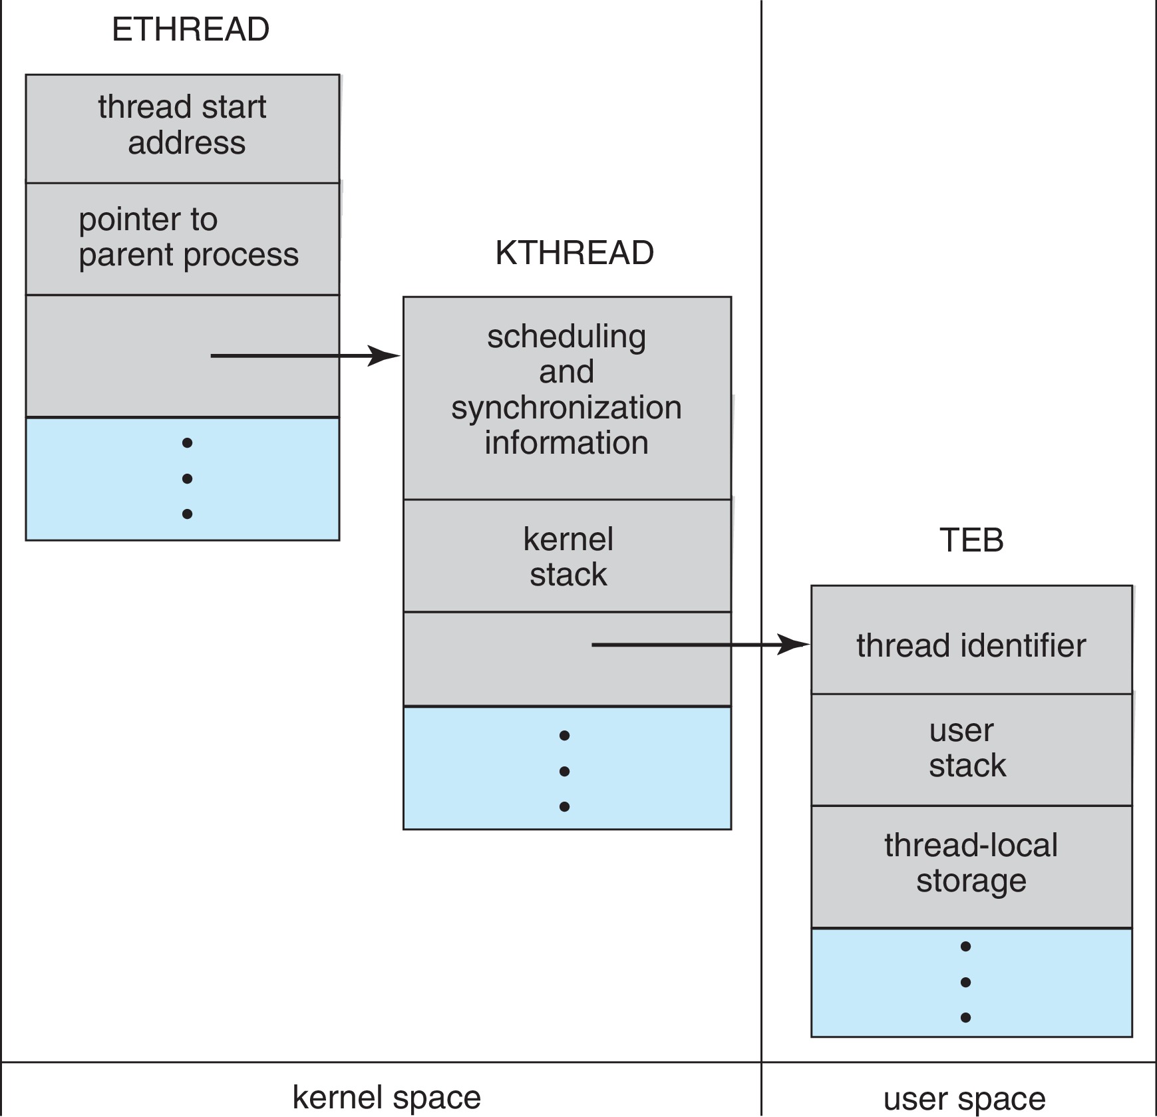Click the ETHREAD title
[190, 30]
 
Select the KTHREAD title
[574, 253]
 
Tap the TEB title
[971, 540]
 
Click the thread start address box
[182, 128]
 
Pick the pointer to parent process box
[182, 238]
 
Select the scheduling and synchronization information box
[567, 398]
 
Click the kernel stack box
[567, 556]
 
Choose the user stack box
[971, 749]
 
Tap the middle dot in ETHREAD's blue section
[187, 478]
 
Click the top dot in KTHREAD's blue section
[564, 735]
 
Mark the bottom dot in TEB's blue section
[965, 1017]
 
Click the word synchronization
[566, 407]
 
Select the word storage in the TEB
[971, 881]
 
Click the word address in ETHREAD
[186, 143]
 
